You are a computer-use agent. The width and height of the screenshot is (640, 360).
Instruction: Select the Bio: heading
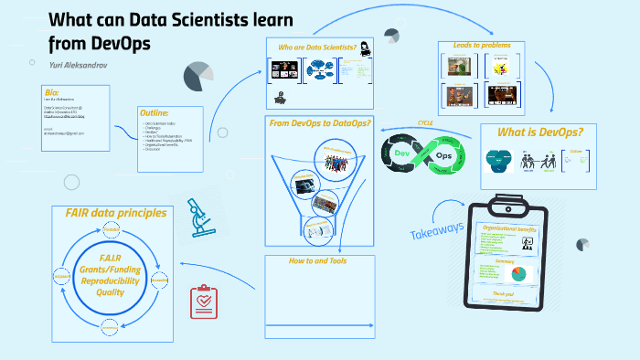point(51,92)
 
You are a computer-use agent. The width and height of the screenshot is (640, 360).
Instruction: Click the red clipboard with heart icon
point(203,302)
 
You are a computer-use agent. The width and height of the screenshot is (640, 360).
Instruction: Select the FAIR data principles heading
point(115,213)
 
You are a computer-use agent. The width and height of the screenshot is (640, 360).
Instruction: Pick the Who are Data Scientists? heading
point(311,47)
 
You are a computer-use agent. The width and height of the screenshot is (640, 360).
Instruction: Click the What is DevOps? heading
point(539,132)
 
